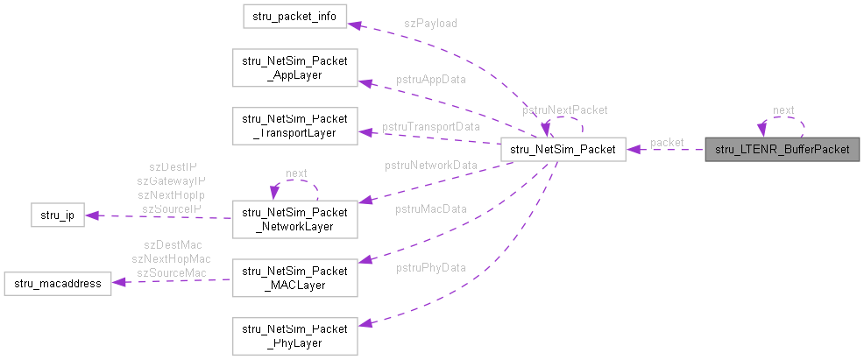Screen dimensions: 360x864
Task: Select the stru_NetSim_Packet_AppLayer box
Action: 294,68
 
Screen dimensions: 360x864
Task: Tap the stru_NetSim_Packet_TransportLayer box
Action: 294,125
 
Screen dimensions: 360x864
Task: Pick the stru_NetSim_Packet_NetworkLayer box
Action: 294,219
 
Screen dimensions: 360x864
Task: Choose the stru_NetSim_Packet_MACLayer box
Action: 294,276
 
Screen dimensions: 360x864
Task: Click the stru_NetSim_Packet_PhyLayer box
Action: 294,335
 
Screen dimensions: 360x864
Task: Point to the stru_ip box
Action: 57,215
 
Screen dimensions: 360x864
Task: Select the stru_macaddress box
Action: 57,283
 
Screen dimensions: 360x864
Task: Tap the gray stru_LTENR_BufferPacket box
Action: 783,149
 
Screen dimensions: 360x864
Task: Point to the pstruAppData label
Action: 430,79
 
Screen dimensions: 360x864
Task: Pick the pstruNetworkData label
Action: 431,165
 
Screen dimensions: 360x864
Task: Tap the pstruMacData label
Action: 430,208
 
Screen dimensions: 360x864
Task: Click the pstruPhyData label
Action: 430,267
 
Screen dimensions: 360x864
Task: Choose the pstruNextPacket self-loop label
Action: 564,110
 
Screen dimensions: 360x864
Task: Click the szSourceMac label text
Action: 171,272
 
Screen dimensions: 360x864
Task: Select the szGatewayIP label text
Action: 171,180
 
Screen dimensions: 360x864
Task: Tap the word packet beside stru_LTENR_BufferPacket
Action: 667,142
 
